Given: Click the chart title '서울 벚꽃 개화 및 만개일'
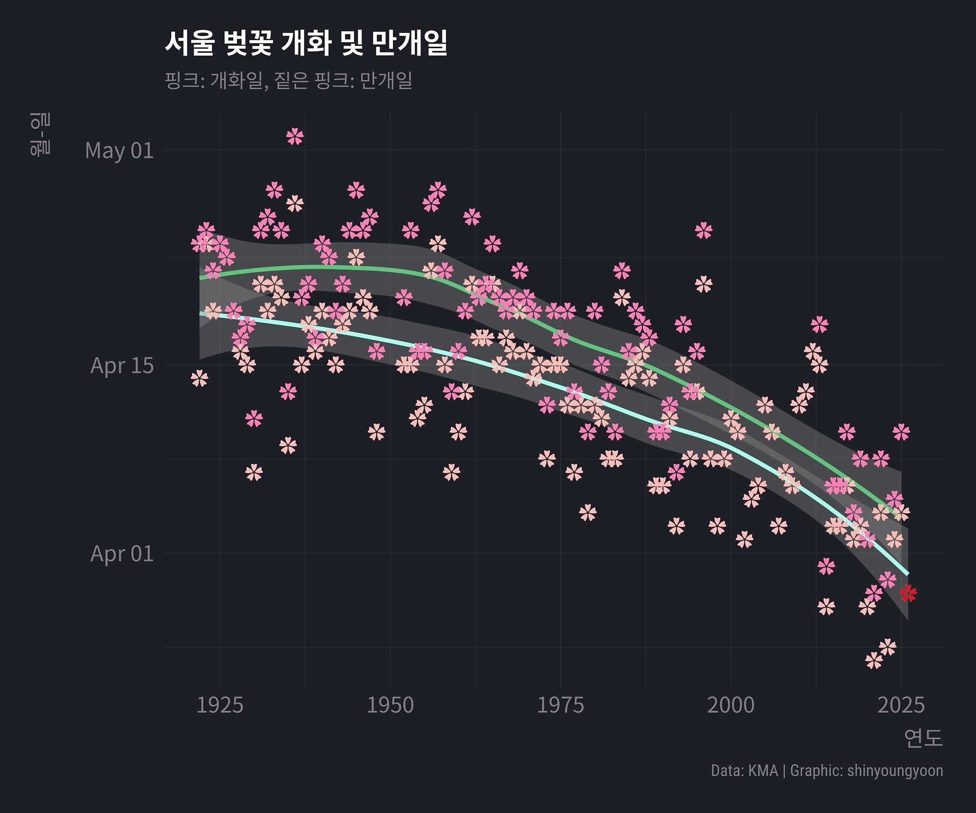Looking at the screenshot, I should point(306,43).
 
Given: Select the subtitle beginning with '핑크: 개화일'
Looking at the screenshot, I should point(288,80).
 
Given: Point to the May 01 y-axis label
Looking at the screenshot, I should point(119,150).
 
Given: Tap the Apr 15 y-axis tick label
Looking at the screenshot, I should point(122,365).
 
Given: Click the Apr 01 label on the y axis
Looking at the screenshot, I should point(122,553).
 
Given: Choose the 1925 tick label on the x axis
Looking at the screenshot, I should point(220,705).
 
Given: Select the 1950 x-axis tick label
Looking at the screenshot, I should point(390,705).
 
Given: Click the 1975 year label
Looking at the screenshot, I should point(560,705).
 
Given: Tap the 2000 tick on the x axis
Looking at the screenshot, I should point(730,705).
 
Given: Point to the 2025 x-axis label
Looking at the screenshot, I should point(901,705).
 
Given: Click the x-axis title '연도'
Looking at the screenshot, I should point(923,738).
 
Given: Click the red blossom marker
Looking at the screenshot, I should point(907,592).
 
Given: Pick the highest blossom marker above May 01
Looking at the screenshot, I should point(295,136).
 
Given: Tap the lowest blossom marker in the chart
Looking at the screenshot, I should point(874,661).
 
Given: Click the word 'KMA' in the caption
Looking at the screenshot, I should point(763,771).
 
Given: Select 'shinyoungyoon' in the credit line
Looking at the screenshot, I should point(895,771).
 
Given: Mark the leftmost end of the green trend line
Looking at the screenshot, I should point(200,278).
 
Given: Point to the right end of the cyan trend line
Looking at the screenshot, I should point(907,574).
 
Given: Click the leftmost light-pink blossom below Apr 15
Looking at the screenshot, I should point(200,379).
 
